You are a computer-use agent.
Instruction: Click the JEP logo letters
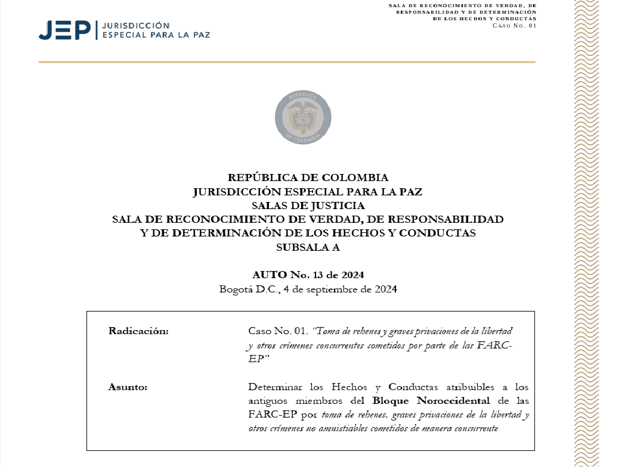(x=64, y=30)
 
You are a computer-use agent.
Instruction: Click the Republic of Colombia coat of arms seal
(x=302, y=117)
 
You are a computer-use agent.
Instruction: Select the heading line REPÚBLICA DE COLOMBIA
(x=308, y=178)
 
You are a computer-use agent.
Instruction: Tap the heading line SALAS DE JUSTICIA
(x=308, y=206)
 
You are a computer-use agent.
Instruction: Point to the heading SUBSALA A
(x=308, y=247)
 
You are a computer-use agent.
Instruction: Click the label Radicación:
(x=138, y=331)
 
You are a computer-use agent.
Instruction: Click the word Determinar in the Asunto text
(x=273, y=387)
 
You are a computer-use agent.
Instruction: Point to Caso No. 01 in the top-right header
(x=514, y=24)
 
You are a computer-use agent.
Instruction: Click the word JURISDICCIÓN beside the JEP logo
(x=137, y=26)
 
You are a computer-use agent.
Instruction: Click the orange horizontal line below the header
(x=286, y=62)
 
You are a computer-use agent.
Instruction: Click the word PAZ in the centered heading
(x=409, y=192)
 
